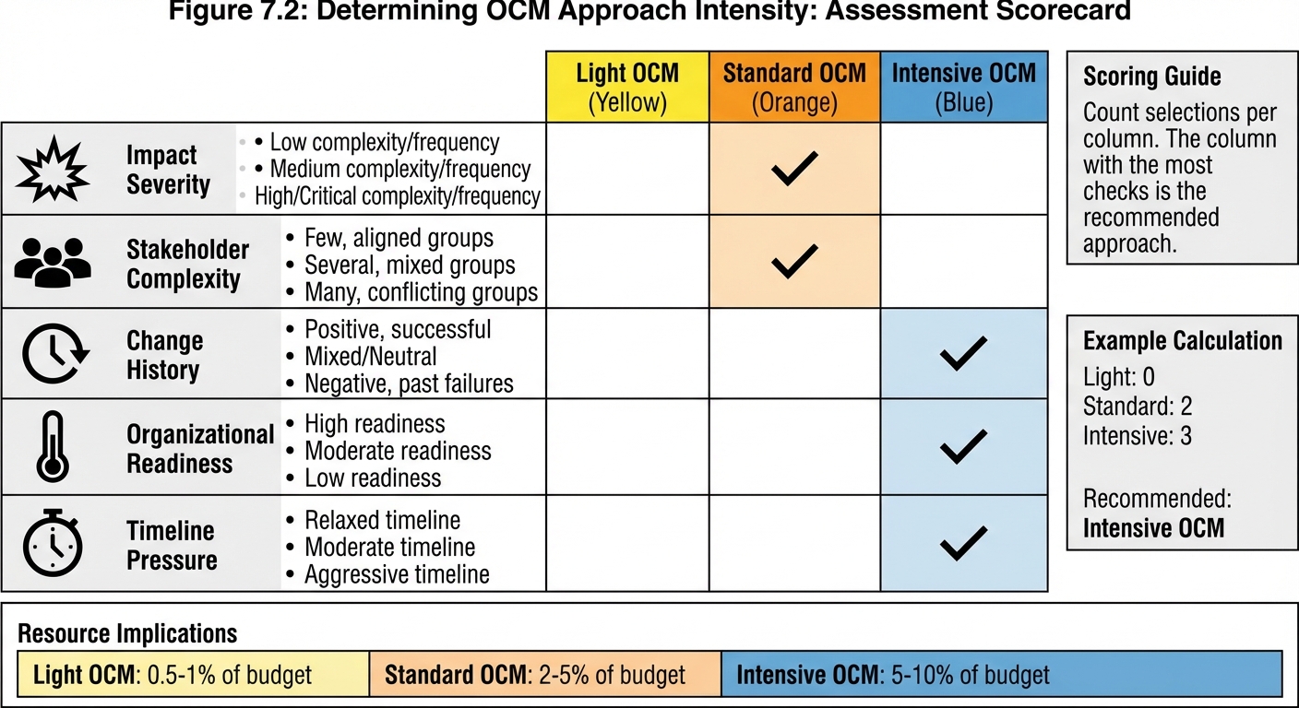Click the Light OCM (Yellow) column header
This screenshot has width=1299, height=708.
click(x=627, y=88)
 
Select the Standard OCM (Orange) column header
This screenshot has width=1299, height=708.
click(x=794, y=88)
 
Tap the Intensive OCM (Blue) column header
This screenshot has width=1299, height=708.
click(x=963, y=88)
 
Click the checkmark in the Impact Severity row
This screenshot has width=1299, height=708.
click(x=794, y=169)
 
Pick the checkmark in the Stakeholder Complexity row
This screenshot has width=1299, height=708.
click(x=794, y=262)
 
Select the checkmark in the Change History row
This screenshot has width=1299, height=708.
click(x=963, y=354)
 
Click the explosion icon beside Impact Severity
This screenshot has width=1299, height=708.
click(x=54, y=170)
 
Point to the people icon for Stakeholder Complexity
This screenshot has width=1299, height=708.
click(x=54, y=262)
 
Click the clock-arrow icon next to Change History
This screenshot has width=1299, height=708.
click(x=54, y=355)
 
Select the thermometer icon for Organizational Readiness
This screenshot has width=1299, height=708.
click(x=52, y=447)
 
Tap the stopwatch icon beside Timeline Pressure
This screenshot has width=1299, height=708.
click(x=54, y=543)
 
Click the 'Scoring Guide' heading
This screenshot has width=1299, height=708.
click(x=1151, y=77)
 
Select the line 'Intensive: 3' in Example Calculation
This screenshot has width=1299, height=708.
click(x=1137, y=435)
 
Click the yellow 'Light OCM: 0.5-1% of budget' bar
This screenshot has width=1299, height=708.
click(x=193, y=675)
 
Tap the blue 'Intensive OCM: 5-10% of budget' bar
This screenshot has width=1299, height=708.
click(x=1001, y=675)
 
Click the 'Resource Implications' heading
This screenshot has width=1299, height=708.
click(x=127, y=634)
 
